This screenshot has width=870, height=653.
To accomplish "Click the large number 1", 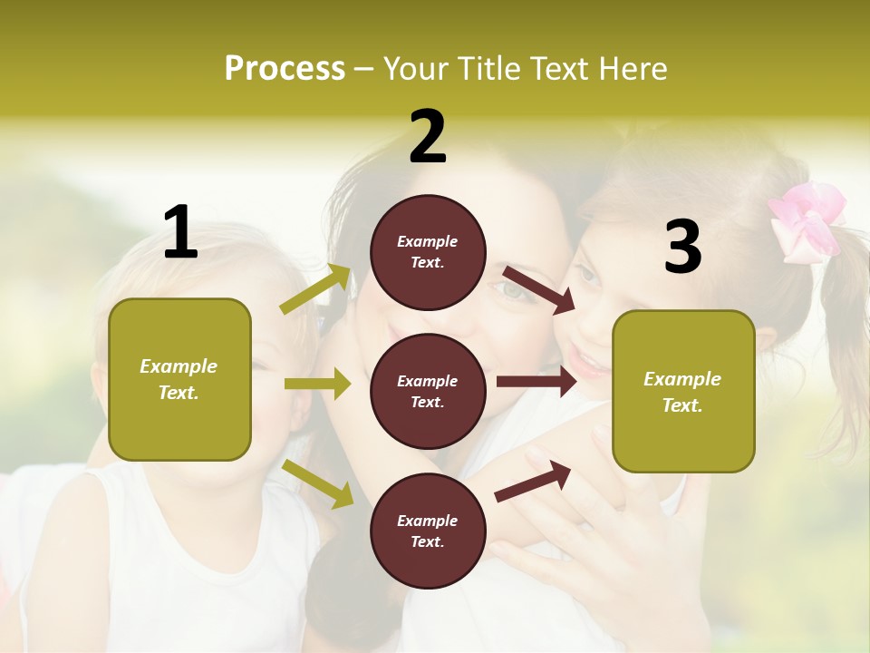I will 180,232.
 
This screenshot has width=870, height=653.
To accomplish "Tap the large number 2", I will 428,137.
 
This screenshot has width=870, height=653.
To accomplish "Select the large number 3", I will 682,247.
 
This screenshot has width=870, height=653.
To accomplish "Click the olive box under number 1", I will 179,379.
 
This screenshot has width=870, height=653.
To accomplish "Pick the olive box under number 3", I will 683,391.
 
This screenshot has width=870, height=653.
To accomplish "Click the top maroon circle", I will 428,252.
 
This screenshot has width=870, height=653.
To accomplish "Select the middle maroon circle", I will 428,391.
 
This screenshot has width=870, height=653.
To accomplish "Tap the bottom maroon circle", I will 428,531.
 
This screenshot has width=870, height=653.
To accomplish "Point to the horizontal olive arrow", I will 317,384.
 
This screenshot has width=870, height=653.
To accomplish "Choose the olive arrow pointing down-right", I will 318,483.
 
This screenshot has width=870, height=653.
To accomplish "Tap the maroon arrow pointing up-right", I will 533,481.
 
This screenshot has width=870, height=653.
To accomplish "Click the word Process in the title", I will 285,68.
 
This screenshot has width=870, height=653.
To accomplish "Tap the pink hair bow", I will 807,220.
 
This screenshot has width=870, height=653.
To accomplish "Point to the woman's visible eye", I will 512,290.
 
